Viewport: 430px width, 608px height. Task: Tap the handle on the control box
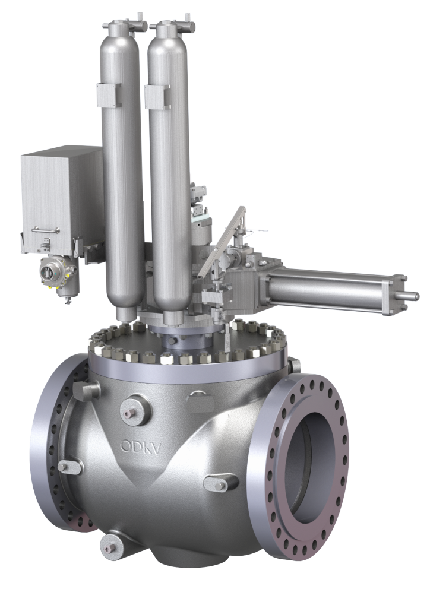point(46,229)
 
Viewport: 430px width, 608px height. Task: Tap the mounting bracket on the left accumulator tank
point(108,96)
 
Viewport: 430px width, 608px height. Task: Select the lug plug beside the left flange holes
point(67,467)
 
